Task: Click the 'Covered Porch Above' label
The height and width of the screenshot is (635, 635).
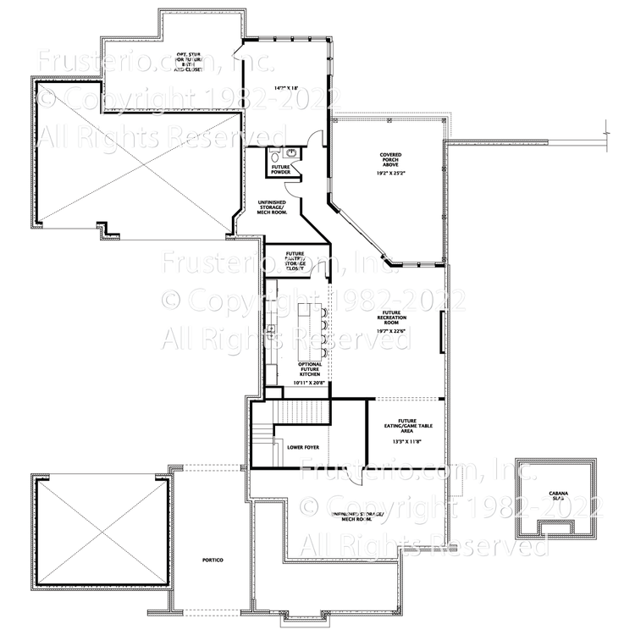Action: (390, 159)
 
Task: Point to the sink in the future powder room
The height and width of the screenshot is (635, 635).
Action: (290, 153)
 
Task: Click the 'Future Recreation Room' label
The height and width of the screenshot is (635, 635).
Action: (390, 318)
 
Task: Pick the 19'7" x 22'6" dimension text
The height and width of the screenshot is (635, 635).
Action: (390, 331)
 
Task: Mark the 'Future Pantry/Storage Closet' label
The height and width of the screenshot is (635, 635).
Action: (295, 260)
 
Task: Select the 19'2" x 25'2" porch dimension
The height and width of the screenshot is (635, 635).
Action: (390, 173)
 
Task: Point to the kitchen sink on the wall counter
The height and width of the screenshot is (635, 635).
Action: (272, 329)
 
